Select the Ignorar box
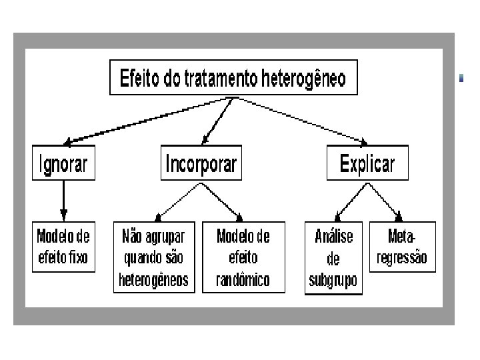tap(63, 163)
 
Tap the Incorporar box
tap(201, 163)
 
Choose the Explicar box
tap(367, 163)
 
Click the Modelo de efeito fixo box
tap(63, 247)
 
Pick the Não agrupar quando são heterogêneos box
tap(153, 257)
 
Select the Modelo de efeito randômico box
tap(243, 257)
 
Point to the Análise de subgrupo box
tap(333, 257)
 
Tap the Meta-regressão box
tap(401, 247)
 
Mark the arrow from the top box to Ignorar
tap(147, 120)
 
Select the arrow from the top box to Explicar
tap(300, 120)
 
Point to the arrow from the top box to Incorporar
tap(217, 120)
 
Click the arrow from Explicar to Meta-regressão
tap(384, 201)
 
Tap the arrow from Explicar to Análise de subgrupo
tap(351, 201)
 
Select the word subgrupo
tap(333, 280)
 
